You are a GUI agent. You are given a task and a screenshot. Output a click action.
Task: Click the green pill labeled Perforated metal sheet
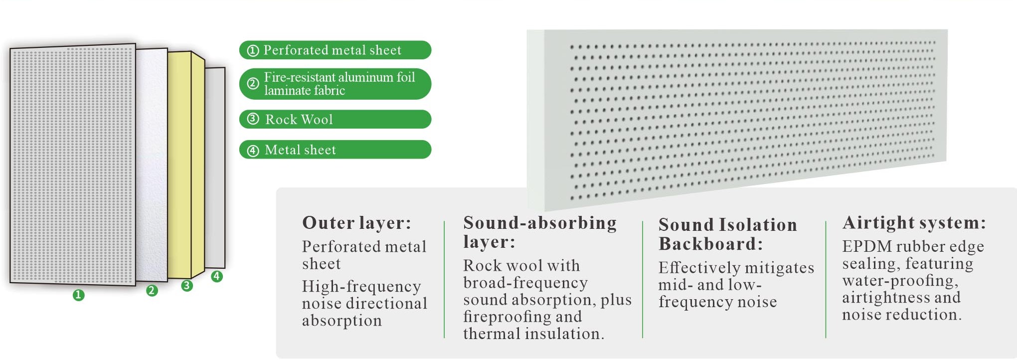[x=335, y=50]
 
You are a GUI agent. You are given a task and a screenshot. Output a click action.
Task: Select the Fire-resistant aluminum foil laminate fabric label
[x=335, y=84]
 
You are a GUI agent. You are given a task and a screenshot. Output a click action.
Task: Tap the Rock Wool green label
[x=335, y=119]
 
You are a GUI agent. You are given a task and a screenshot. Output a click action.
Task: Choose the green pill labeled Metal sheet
[x=335, y=150]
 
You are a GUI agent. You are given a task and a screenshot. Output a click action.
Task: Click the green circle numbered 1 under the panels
[x=78, y=295]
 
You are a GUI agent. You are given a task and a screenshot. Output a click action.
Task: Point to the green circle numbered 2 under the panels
[x=152, y=290]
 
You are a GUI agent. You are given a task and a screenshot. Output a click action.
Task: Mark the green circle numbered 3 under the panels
[x=187, y=286]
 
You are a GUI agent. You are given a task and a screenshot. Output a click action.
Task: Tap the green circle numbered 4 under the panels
[x=217, y=276]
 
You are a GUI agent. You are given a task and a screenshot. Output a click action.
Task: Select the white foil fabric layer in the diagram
[x=152, y=165]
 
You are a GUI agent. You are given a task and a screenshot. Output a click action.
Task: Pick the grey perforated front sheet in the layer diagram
[x=73, y=165]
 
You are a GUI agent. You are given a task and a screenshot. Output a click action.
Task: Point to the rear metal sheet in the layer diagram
[x=215, y=168]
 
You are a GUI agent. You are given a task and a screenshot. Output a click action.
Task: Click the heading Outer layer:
[x=357, y=223]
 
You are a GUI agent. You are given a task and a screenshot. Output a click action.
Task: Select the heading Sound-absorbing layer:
[x=540, y=232]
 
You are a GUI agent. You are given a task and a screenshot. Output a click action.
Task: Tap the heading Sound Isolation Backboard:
[x=728, y=234]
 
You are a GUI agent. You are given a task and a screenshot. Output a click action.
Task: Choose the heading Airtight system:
[x=914, y=222]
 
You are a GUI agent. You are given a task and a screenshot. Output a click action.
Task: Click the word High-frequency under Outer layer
[x=361, y=287]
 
